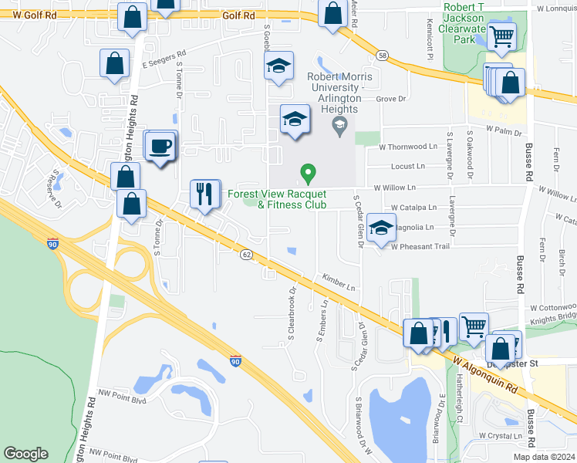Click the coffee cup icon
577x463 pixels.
pyautogui.click(x=160, y=146)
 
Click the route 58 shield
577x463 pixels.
pyautogui.click(x=382, y=55)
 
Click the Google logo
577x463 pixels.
pyautogui.click(x=25, y=454)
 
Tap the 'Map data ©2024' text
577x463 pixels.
pyautogui.click(x=543, y=457)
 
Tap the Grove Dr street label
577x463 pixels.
pyautogui.click(x=391, y=99)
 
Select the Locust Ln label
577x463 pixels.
pyautogui.click(x=408, y=166)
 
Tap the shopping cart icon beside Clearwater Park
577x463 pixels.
pyautogui.click(x=502, y=34)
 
